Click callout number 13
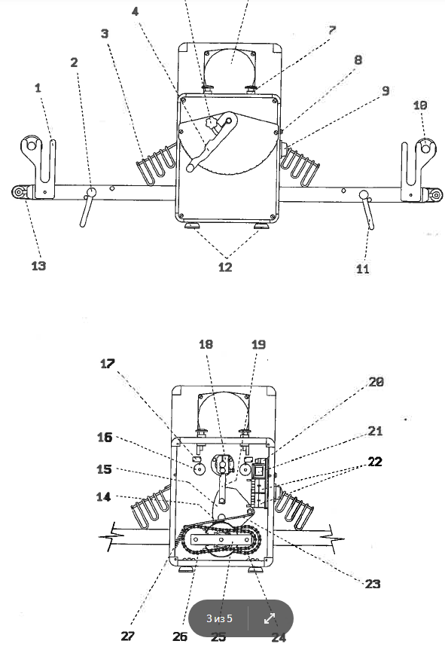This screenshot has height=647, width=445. (x=38, y=265)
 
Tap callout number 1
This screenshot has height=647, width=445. (x=38, y=88)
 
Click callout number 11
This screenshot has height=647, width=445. (x=363, y=267)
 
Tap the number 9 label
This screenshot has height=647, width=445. (x=385, y=91)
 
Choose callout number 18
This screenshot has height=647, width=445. (x=206, y=344)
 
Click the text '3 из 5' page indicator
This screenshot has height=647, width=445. (x=220, y=619)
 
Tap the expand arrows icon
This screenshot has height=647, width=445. (x=270, y=618)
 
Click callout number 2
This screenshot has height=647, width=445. (x=74, y=63)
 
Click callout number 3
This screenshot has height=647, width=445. (x=104, y=34)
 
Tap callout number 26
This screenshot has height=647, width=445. (x=179, y=636)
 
